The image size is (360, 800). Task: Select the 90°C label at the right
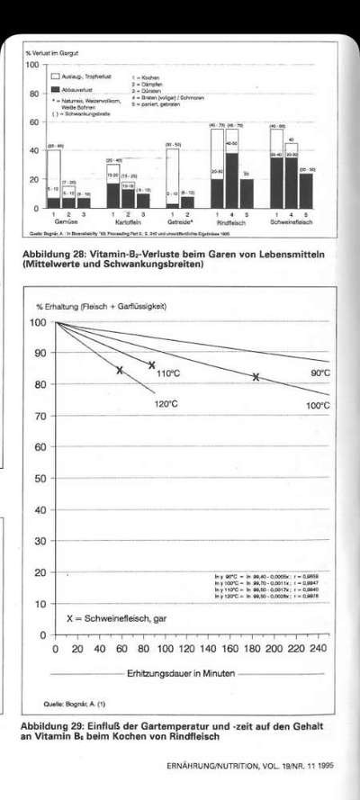click(x=320, y=372)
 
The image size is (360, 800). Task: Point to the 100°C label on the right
click(x=319, y=406)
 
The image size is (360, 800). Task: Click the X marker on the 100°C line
click(x=256, y=377)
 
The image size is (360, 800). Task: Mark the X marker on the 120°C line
click(x=120, y=370)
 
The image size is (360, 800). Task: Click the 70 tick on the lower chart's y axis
click(x=39, y=417)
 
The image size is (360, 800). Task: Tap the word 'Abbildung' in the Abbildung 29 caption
click(x=47, y=725)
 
